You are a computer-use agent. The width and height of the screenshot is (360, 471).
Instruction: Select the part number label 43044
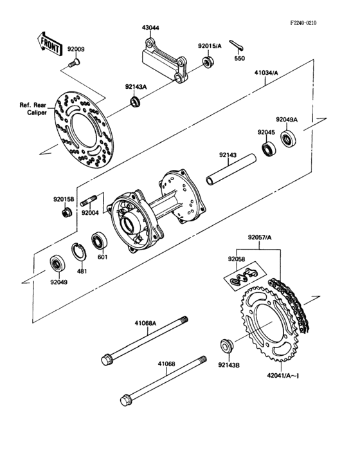[152, 29]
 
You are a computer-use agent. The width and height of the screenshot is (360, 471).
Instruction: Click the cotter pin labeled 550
[239, 45]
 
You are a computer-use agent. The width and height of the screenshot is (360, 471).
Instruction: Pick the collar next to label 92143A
[135, 101]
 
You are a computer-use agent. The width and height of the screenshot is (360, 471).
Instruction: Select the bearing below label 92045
[267, 152]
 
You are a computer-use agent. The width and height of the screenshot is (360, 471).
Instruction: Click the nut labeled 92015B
[66, 213]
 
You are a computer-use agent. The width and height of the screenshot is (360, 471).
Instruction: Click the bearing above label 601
[99, 239]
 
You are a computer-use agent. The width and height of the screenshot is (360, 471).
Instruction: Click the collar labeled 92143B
[226, 346]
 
